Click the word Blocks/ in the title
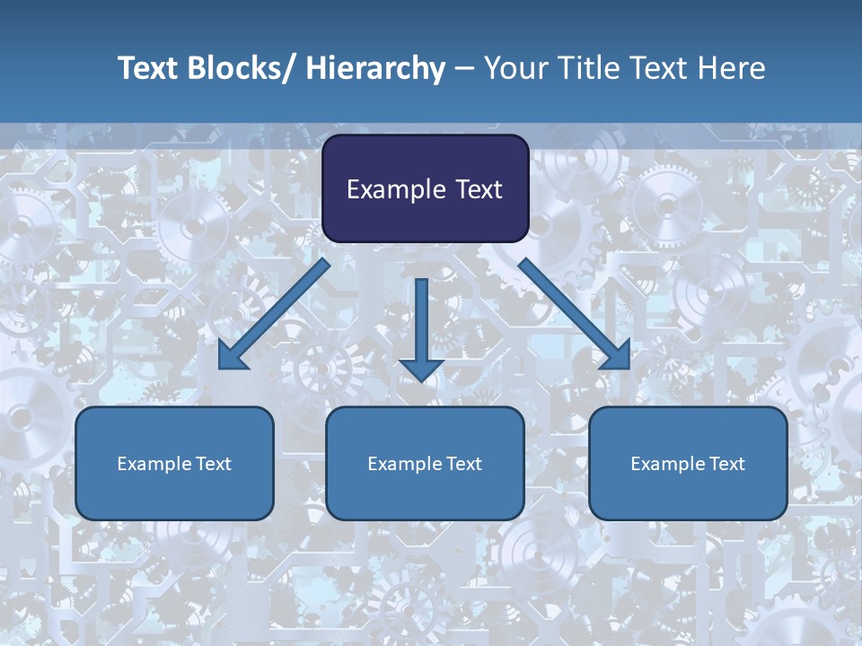236,68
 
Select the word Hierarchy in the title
374,68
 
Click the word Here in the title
732,68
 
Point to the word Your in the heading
513,68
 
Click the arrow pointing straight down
421,323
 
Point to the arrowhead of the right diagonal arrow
617,356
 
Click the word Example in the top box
391,189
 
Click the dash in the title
464,68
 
